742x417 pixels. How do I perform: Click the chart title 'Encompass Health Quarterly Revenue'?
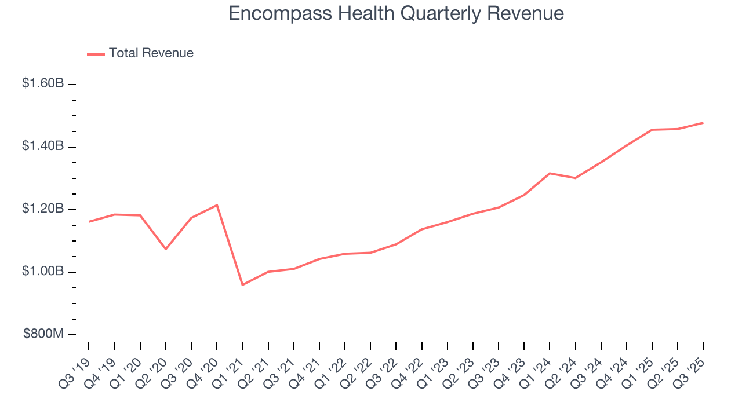[x=396, y=13]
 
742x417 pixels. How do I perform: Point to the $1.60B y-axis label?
[x=43, y=83]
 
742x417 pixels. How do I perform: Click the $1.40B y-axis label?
[x=43, y=146]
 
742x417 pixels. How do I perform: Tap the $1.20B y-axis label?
[x=43, y=209]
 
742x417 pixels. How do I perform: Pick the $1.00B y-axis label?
[x=43, y=271]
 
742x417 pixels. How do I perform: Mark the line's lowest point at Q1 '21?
[x=242, y=285]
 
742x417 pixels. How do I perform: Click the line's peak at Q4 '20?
[x=217, y=205]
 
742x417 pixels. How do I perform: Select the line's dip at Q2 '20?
[x=166, y=249]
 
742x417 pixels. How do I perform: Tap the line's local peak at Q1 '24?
[x=550, y=173]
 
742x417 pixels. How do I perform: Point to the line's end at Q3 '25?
[x=703, y=123]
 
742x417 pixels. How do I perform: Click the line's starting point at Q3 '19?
[x=89, y=221]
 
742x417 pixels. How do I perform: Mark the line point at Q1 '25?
[x=652, y=130]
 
